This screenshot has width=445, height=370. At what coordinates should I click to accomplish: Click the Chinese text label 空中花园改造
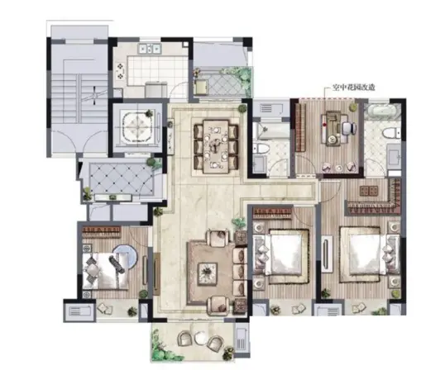354,88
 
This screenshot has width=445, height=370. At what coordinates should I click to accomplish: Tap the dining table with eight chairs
216,146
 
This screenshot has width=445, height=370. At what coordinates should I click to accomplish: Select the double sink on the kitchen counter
150,49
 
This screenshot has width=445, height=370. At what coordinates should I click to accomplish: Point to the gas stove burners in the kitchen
120,71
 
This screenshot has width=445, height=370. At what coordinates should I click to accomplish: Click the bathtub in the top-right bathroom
381,111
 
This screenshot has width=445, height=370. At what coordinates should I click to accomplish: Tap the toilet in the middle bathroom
261,149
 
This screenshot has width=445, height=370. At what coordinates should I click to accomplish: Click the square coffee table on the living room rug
208,273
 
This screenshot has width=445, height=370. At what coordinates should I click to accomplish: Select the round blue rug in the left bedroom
125,257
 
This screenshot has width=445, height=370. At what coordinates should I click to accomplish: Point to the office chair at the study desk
350,128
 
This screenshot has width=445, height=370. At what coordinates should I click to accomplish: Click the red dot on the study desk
324,124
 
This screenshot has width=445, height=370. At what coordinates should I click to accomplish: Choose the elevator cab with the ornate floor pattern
138,127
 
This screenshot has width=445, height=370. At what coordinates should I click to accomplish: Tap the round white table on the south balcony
202,337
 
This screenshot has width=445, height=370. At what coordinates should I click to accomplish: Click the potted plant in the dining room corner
242,108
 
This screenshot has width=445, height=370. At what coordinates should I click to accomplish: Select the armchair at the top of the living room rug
218,237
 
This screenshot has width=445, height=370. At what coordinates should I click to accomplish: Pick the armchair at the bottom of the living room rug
218,306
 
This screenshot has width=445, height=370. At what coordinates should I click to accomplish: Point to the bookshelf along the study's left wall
300,127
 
